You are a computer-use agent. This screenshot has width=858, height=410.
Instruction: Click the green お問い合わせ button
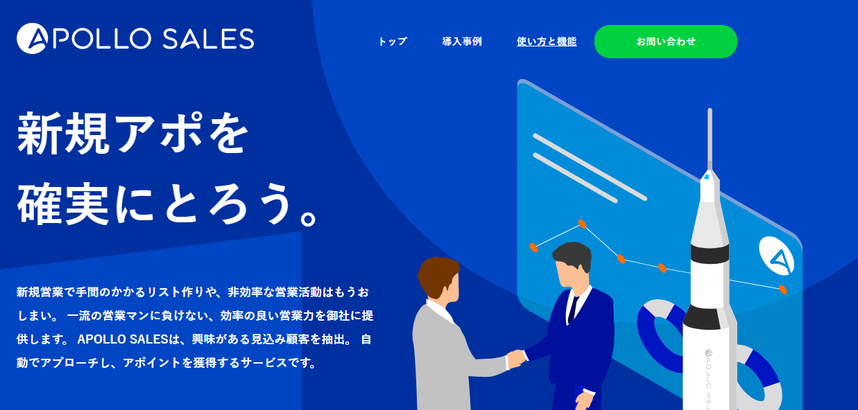point(666,42)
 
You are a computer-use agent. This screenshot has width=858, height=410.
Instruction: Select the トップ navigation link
point(393,42)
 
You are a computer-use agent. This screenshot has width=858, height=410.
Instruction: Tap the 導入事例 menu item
point(462,42)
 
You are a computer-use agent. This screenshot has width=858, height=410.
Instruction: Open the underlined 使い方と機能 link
point(547,42)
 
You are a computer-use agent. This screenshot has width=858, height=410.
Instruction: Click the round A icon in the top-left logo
point(32,38)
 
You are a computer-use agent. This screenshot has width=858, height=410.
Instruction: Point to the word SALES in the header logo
point(208,39)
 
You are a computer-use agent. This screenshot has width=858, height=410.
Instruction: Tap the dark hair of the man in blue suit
point(573,254)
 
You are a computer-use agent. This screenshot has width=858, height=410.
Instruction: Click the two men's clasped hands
point(516,358)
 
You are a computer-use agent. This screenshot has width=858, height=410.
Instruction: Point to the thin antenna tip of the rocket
point(710,110)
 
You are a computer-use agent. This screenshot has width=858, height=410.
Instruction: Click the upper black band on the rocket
point(710,253)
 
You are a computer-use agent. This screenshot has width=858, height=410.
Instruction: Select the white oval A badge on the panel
point(777,256)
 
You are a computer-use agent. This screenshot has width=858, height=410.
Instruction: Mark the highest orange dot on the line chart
point(582,224)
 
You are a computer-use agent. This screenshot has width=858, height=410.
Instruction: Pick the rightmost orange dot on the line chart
point(783,289)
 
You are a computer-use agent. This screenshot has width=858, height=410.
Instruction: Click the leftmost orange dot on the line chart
point(533,247)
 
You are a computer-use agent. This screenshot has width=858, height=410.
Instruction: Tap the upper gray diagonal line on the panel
point(590,167)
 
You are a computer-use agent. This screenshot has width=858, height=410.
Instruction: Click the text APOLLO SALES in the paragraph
point(123,339)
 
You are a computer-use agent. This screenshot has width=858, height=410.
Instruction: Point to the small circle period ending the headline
point(309,218)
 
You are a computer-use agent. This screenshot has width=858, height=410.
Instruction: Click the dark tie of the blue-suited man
point(573,309)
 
